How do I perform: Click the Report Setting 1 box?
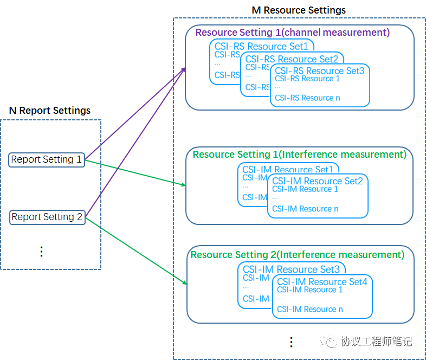click(x=47, y=159)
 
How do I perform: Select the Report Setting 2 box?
click(x=47, y=217)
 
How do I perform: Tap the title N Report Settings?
click(x=50, y=111)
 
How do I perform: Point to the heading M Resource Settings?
click(x=299, y=10)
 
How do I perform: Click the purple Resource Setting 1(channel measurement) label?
click(x=292, y=33)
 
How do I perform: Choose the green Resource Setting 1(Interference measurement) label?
click(x=299, y=155)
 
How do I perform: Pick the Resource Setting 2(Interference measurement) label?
click(x=298, y=255)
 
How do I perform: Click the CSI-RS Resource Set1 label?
click(x=261, y=47)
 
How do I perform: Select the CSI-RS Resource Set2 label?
click(x=292, y=59)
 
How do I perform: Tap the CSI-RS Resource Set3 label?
click(x=319, y=71)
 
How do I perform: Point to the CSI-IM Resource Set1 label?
click(x=287, y=170)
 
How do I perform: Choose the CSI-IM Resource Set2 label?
click(x=317, y=181)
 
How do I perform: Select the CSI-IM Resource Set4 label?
click(x=322, y=282)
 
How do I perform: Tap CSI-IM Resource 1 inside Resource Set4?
click(x=309, y=290)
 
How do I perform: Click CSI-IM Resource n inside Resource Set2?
click(x=305, y=209)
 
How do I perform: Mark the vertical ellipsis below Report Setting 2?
click(x=41, y=251)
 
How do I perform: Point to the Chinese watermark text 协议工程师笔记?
click(x=376, y=342)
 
